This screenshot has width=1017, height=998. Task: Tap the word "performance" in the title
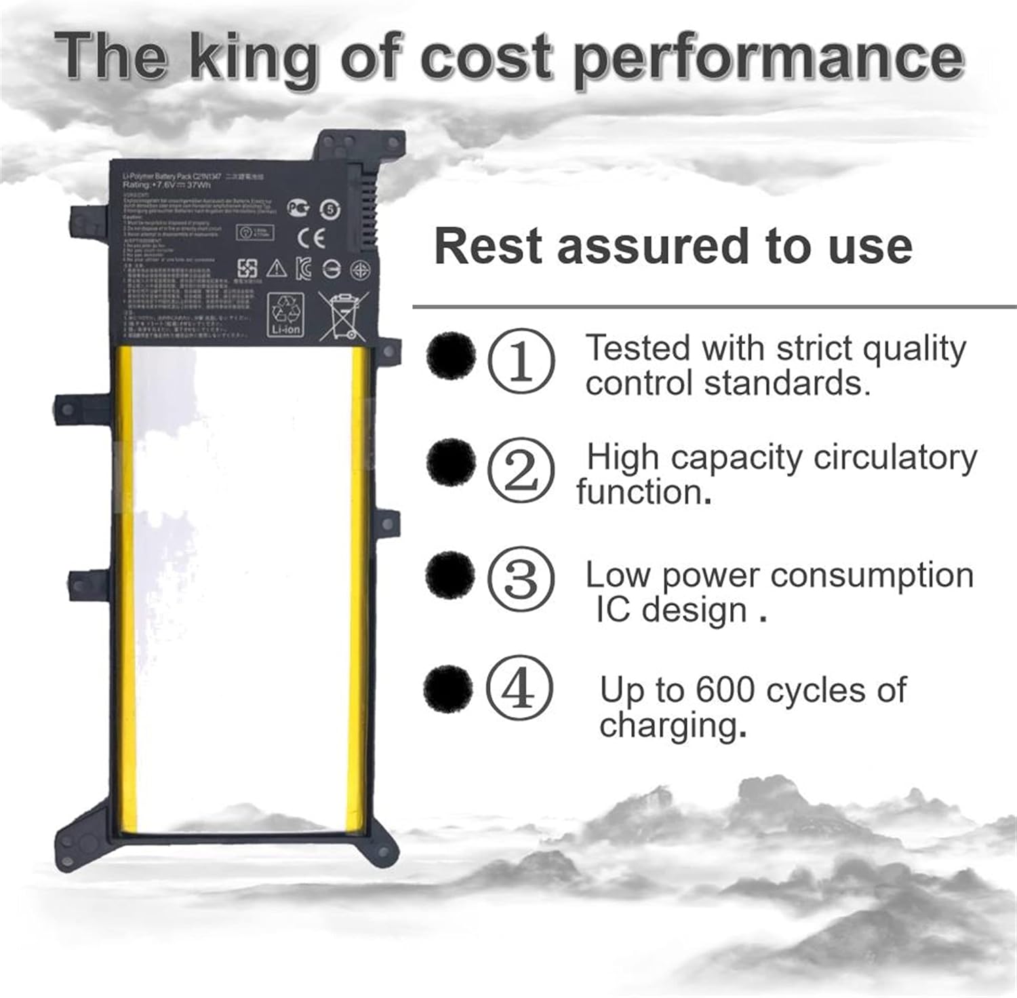pyautogui.click(x=768, y=60)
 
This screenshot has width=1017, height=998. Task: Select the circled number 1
pyautogui.click(x=521, y=360)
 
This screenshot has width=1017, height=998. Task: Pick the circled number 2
pyautogui.click(x=521, y=470)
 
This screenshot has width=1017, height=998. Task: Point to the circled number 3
pyautogui.click(x=521, y=579)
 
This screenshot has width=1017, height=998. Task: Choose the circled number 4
pyautogui.click(x=519, y=689)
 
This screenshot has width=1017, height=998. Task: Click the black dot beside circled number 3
pyautogui.click(x=450, y=574)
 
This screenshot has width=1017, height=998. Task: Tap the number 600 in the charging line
pyautogui.click(x=725, y=691)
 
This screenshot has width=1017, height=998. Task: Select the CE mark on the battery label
pyautogui.click(x=312, y=237)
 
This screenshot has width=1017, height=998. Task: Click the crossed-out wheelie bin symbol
pyautogui.click(x=344, y=314)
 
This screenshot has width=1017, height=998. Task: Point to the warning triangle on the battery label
pyautogui.click(x=277, y=269)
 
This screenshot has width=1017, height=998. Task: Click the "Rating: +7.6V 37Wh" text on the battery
pyautogui.click(x=167, y=185)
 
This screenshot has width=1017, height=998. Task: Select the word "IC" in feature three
pyautogui.click(x=613, y=609)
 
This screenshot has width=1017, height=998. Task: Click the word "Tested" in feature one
pyautogui.click(x=638, y=348)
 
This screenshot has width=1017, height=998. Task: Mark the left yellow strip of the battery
pyautogui.click(x=127, y=583)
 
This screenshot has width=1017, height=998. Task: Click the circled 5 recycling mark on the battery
pyautogui.click(x=330, y=210)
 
